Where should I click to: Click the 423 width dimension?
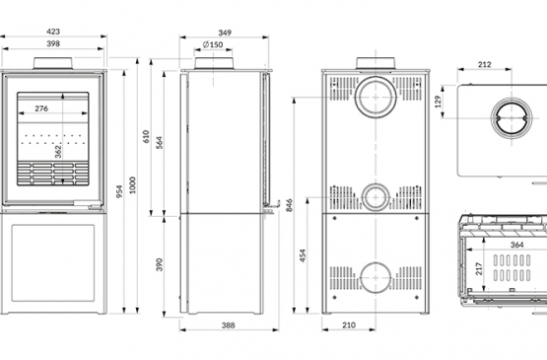(53, 32)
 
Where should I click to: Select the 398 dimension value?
(53, 43)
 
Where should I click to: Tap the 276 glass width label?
(41, 108)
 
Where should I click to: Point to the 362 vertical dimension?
(58, 152)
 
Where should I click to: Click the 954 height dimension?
(119, 191)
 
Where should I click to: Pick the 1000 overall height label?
(133, 184)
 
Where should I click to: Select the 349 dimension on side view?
(225, 33)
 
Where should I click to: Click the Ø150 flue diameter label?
(213, 44)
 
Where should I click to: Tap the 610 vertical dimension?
(146, 136)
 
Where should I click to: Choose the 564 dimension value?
(159, 143)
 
